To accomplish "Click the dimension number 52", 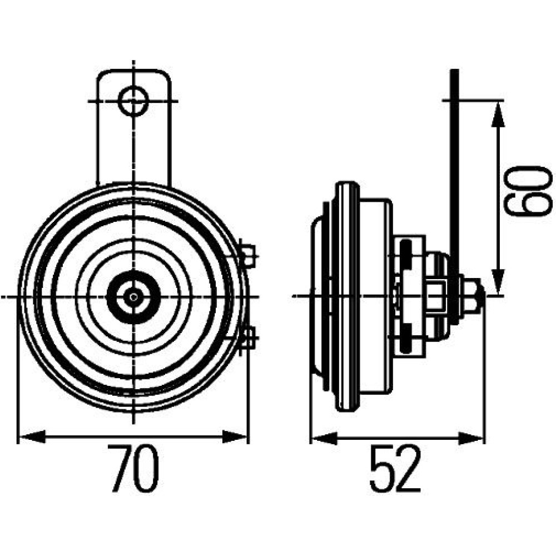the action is [395, 468].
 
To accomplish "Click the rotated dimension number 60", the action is [528, 191].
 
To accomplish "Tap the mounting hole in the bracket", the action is [133, 101].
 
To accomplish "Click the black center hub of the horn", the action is [133, 297].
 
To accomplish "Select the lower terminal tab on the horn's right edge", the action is [248, 337].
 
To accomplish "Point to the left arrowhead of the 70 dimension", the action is [32, 436].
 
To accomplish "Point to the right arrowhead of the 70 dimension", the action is [234, 436].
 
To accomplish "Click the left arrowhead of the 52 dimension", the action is [324, 438].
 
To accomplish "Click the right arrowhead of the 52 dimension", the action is [471, 438].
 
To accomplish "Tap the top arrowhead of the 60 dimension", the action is [498, 113].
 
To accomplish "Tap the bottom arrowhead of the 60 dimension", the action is [498, 281].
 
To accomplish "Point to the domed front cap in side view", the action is [317, 296].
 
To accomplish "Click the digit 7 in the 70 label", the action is [120, 468].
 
